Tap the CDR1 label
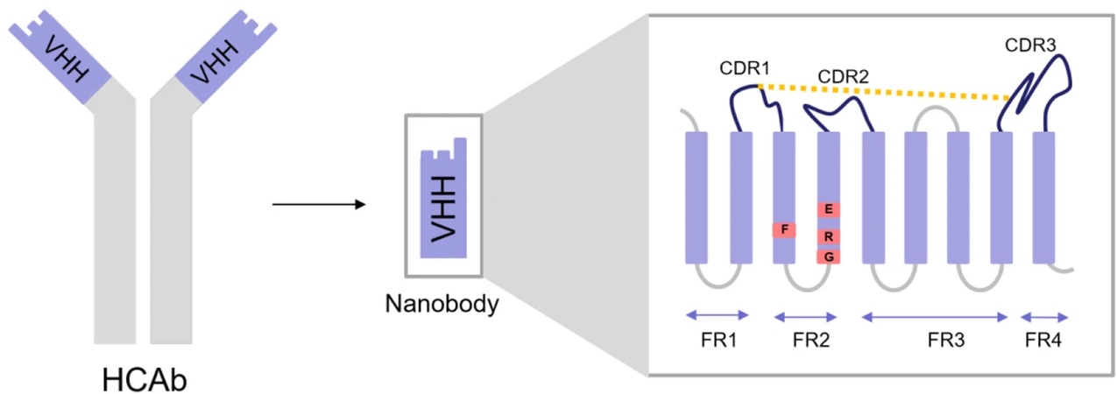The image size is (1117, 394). pyautogui.click(x=745, y=68)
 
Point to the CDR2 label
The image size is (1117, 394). pyautogui.click(x=843, y=77)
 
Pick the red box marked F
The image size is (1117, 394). pyautogui.click(x=784, y=229)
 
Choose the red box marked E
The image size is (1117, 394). pyautogui.click(x=829, y=209)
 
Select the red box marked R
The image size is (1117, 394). pyautogui.click(x=829, y=236)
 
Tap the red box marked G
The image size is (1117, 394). pyautogui.click(x=829, y=257)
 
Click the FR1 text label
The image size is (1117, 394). pyautogui.click(x=718, y=341)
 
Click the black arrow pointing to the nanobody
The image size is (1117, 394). pyautogui.click(x=318, y=205)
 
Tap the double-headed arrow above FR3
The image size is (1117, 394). pyautogui.click(x=936, y=317)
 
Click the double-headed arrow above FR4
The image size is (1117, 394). pyautogui.click(x=1044, y=317)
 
